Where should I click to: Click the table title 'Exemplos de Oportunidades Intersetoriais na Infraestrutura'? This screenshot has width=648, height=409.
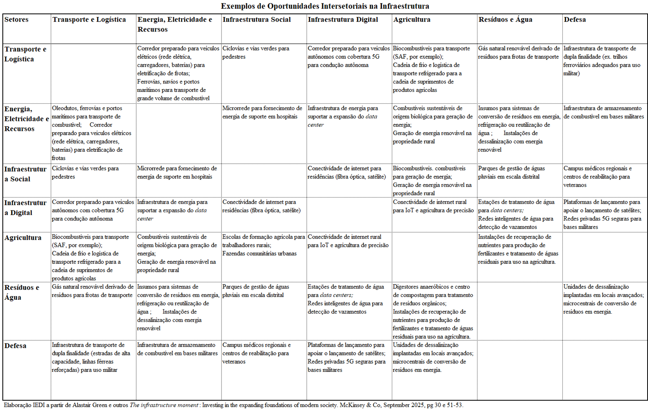325,6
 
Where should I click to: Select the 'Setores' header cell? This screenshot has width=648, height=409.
17,20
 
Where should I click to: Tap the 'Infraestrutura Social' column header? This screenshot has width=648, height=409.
256,20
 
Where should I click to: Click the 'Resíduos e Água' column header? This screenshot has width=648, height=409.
505,20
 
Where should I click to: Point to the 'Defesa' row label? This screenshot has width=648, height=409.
15,346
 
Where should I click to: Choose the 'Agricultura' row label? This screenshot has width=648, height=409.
23,238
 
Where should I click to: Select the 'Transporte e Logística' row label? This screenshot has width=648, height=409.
25,54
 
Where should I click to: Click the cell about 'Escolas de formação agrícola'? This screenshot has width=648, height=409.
263,245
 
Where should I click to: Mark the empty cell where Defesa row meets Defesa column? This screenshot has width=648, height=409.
604,369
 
